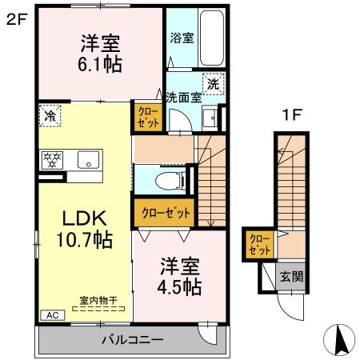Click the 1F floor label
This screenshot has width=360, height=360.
[x=290, y=115]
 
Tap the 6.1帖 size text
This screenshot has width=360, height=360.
[x=100, y=65]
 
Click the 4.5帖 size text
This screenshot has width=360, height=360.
[x=178, y=286]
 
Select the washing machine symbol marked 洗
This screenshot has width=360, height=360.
[x=213, y=83]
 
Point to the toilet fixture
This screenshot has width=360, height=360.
[x=170, y=179]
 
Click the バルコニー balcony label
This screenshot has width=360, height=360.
[x=132, y=339]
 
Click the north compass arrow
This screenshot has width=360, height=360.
[x=339, y=340]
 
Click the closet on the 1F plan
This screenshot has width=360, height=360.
[x=258, y=243]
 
